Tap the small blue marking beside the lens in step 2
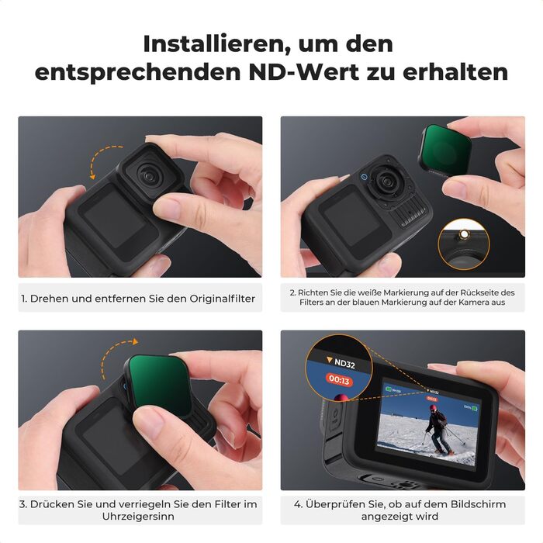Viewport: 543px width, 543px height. coord(364,177)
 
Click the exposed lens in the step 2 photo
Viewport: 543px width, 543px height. coord(385,181)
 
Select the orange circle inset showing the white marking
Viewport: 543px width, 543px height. coord(464,244)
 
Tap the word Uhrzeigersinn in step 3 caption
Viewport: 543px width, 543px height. coord(138,517)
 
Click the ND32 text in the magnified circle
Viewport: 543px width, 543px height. coord(344,364)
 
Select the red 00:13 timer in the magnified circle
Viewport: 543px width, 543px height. coord(339,380)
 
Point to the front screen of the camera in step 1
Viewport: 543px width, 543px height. coord(115,219)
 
